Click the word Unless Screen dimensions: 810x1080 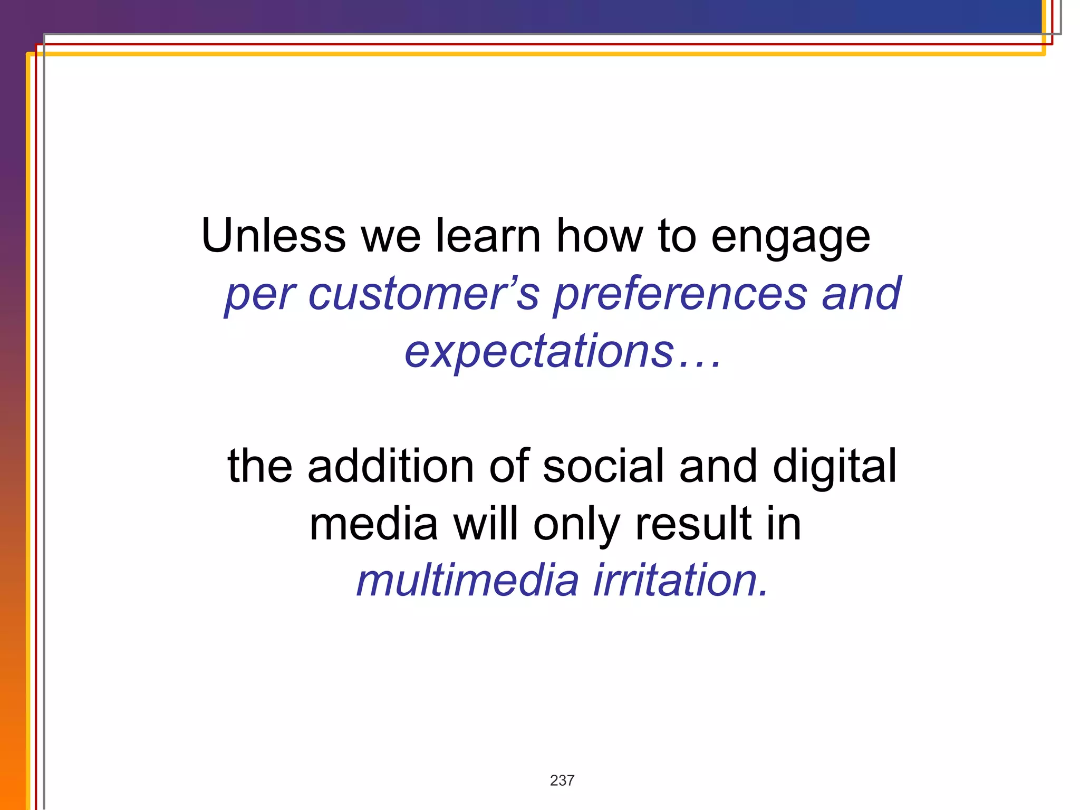(x=273, y=236)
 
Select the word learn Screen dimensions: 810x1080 (x=488, y=236)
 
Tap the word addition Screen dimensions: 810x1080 (x=391, y=466)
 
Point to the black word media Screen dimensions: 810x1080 (x=373, y=524)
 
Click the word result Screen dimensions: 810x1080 (x=693, y=524)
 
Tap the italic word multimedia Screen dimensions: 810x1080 (x=467, y=581)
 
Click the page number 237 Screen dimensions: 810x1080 (x=562, y=780)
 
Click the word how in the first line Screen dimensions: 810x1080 (x=600, y=236)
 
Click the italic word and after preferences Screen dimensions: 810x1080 (x=861, y=294)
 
